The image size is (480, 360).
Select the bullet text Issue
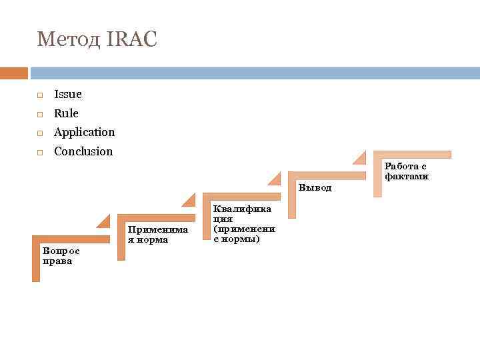(68, 95)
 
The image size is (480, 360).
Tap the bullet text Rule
(66, 113)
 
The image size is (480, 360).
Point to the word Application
(84, 132)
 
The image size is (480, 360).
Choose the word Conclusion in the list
(83, 151)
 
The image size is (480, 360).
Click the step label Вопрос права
(60, 256)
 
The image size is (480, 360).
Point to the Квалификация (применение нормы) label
(243, 224)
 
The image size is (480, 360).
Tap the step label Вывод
(315, 187)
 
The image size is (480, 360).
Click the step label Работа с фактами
(406, 171)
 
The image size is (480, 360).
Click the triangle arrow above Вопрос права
(104, 223)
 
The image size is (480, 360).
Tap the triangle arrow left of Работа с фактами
(359, 158)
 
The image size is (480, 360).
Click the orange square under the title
(14, 73)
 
